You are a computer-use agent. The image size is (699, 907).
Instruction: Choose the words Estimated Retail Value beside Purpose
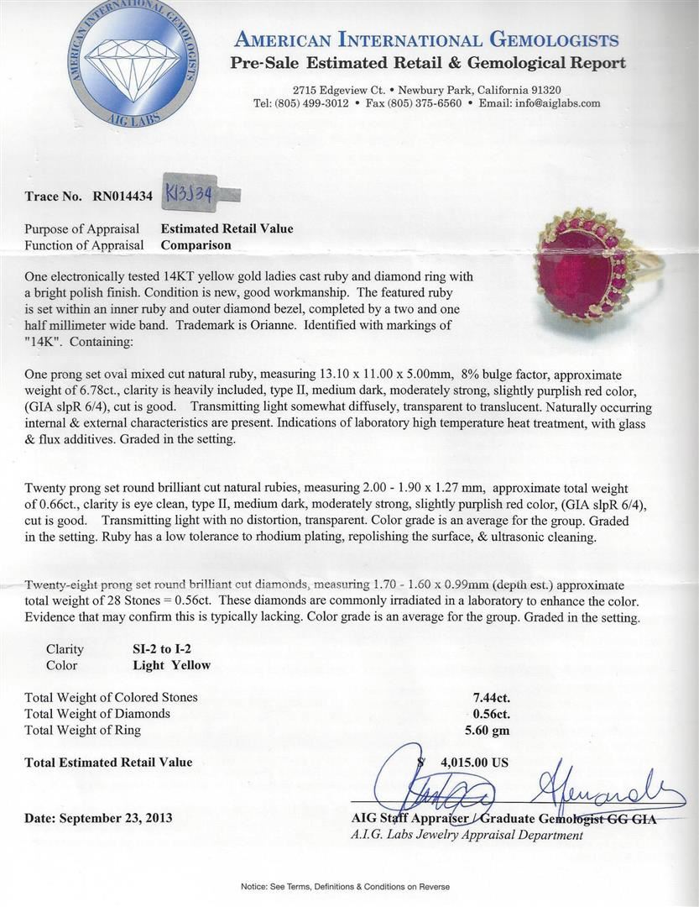click(x=227, y=228)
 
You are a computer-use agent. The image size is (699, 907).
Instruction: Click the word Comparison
click(x=196, y=245)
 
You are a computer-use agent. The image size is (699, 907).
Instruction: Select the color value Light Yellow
click(x=172, y=665)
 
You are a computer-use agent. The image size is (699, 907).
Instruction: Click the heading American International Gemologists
click(x=427, y=39)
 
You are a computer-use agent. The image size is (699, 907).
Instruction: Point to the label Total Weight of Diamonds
click(x=97, y=714)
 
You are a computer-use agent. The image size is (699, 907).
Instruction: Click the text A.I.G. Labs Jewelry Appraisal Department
click(x=467, y=835)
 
